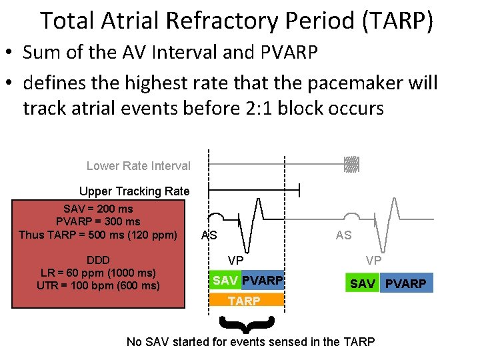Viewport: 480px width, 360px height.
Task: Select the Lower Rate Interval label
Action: coord(138,166)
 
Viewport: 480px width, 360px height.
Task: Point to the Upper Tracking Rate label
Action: coord(134,191)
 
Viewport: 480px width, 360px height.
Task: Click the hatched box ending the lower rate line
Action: coord(351,165)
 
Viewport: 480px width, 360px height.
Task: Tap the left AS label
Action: coord(209,235)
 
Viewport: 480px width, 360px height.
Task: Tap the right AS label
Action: coord(343,235)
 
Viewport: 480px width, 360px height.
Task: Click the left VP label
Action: coord(235,260)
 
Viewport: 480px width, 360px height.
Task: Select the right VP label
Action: coord(373,260)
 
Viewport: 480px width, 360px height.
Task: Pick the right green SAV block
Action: coord(362,283)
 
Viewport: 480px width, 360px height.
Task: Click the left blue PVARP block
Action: coord(262,281)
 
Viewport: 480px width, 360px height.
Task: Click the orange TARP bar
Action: coord(245,301)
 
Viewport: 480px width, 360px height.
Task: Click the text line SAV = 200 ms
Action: coord(98,209)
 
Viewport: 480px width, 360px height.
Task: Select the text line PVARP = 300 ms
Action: coord(98,221)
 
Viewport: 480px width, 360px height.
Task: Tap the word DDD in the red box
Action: coord(98,260)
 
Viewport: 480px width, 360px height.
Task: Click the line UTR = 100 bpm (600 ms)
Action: coord(98,286)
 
